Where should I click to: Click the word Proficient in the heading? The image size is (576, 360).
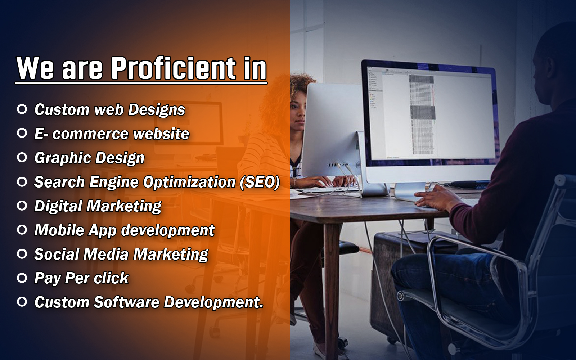[x=173, y=68]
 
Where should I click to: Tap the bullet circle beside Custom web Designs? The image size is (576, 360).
[x=22, y=109]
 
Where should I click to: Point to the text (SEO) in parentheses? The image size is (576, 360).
[x=260, y=182]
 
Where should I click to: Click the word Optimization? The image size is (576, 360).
[x=189, y=182]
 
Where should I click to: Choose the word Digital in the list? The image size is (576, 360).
[x=58, y=206]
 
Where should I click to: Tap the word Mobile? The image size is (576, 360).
[x=59, y=230]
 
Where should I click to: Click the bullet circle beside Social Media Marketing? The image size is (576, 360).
[x=22, y=254]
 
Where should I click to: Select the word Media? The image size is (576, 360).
[x=106, y=254]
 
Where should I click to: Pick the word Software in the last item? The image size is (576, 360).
[x=126, y=302]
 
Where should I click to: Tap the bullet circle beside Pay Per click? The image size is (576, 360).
[x=22, y=278]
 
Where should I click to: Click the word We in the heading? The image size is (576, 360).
[x=35, y=68]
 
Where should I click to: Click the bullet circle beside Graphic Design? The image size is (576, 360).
[x=22, y=157]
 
